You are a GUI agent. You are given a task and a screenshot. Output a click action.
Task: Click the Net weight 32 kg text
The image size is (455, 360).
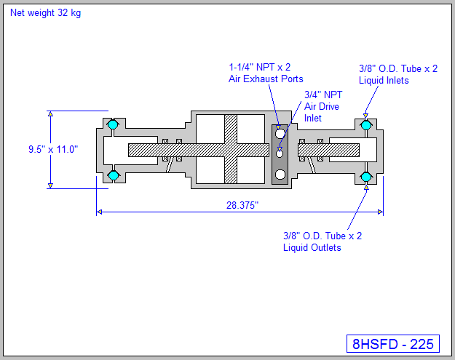[x=45, y=13]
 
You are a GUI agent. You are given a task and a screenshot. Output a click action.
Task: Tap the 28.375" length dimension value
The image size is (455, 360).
[x=242, y=205]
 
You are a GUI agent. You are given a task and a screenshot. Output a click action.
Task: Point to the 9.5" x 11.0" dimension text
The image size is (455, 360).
[x=53, y=149]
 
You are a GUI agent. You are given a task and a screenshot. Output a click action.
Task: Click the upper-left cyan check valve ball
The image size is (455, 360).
[x=113, y=125]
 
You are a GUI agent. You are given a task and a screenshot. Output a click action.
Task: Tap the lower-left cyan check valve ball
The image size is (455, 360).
[x=113, y=175]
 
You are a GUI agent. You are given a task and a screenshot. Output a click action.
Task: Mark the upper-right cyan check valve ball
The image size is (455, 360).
[x=366, y=125]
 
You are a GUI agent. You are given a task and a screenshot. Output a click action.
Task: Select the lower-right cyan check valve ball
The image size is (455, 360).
[x=366, y=176]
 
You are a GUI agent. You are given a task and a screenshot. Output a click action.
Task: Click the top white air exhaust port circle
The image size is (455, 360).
[x=280, y=134]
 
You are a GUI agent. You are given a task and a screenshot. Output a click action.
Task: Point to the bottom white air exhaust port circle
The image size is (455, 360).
[x=280, y=174]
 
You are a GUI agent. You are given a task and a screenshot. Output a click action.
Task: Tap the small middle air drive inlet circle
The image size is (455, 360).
[x=280, y=153]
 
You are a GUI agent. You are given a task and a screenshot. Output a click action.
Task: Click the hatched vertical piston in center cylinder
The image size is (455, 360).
[x=231, y=150]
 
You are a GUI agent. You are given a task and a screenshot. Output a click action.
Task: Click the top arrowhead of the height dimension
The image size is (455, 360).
[x=50, y=114]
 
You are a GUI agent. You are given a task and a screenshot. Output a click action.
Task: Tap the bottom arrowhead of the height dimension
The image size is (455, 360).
[x=50, y=185]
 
